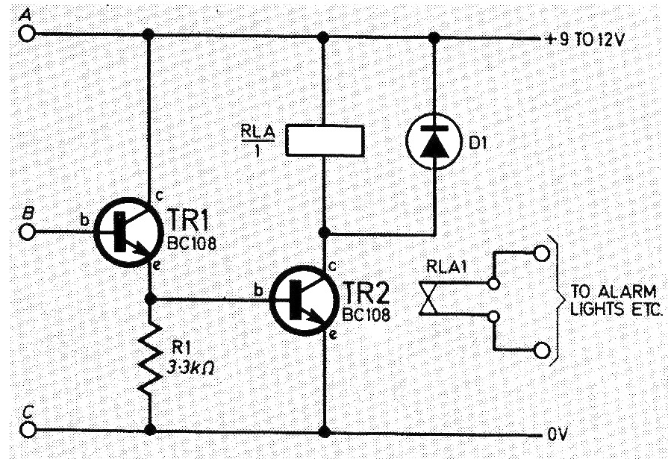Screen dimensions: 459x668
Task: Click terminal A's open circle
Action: coord(28,34)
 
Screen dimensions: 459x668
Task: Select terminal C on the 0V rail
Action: coord(28,430)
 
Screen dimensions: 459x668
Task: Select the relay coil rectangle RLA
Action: coord(324,140)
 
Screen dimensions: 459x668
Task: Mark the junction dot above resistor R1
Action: coord(150,299)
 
